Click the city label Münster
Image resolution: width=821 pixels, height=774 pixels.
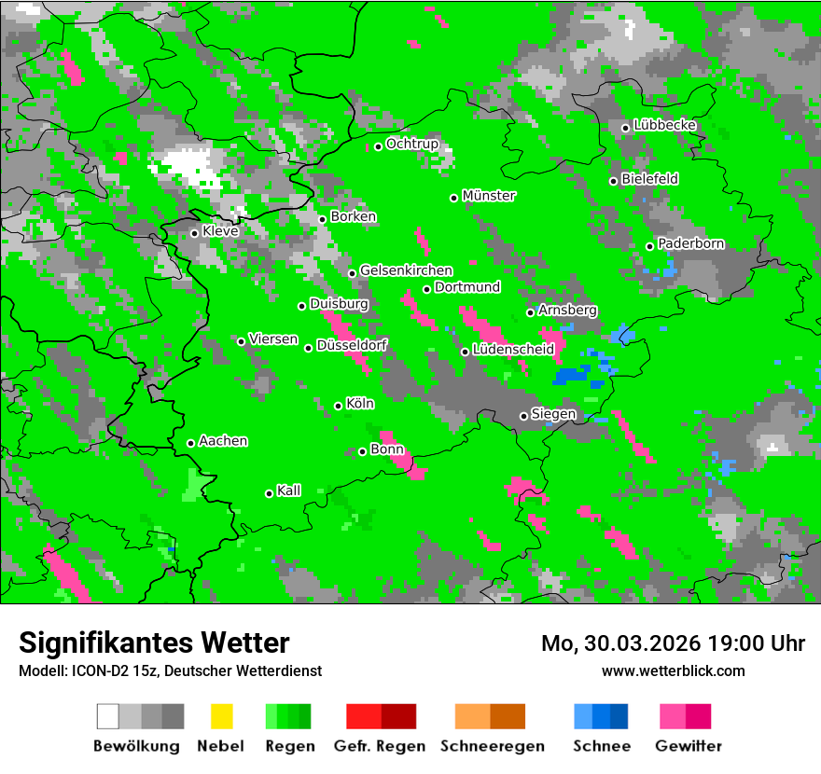click(489, 196)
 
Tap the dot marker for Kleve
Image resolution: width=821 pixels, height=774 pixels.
click(194, 233)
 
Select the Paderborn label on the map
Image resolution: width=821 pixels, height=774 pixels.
click(691, 244)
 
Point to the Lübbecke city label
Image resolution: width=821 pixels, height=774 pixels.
click(665, 125)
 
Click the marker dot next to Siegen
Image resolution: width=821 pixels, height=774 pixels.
click(523, 416)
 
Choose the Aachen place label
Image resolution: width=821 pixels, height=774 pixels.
click(223, 441)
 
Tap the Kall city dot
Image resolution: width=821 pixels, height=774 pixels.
click(269, 493)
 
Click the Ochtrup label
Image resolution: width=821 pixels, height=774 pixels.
click(412, 145)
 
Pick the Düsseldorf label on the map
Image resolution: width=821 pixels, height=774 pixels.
click(352, 346)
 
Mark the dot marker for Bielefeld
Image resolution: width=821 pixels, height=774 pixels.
click(613, 181)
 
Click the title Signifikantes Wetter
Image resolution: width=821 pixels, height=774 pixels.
click(154, 643)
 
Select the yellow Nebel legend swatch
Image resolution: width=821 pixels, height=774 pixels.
click(222, 716)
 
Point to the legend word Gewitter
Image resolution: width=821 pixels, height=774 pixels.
click(689, 746)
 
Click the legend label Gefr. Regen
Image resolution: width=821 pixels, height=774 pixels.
click(380, 746)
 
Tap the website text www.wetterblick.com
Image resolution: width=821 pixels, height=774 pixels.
click(674, 670)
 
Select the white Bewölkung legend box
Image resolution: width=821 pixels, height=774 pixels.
click(108, 716)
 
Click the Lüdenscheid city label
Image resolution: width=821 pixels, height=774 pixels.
click(513, 350)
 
